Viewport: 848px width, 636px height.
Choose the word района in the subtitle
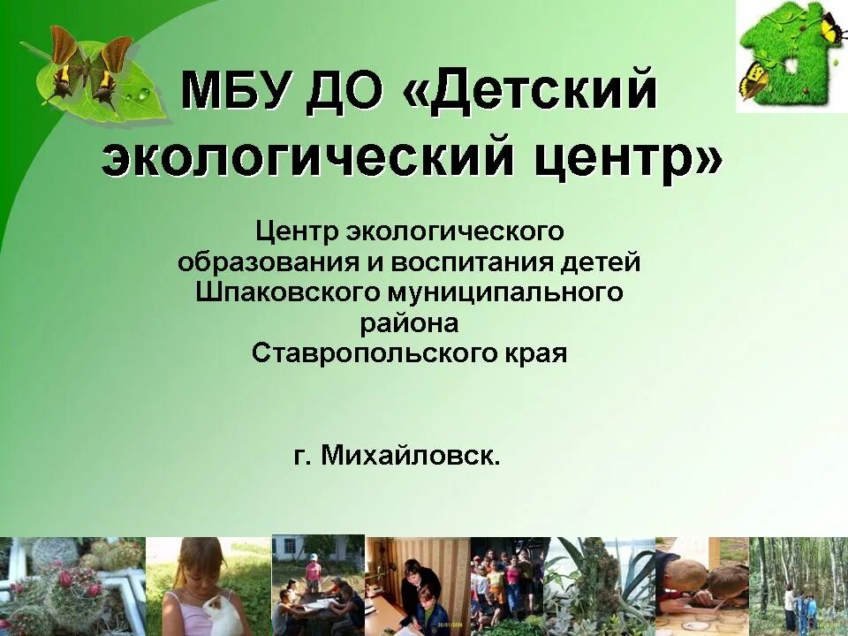pyautogui.click(x=409, y=323)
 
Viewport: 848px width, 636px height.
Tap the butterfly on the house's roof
pyautogui.click(x=830, y=26)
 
